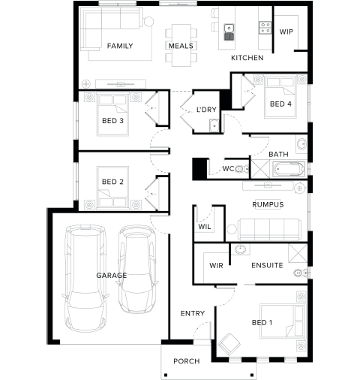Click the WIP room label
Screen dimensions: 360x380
286,32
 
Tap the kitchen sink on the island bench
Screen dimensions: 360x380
229,32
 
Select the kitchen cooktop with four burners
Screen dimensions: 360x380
265,28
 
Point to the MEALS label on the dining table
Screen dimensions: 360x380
181,46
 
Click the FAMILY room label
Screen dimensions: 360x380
120,46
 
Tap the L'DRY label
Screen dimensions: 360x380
206,110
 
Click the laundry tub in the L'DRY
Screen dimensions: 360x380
214,125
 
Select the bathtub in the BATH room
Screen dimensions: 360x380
289,169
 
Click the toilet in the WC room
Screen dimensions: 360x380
242,169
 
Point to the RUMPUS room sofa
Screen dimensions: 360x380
269,229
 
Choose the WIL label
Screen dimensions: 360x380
205,227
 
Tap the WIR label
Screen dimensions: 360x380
216,265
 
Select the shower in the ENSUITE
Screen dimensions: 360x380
298,253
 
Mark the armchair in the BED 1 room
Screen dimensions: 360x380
229,344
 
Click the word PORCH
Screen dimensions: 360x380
187,361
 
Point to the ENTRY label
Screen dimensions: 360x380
193,313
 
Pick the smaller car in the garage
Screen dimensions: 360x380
137,269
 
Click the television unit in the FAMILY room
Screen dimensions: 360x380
121,84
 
